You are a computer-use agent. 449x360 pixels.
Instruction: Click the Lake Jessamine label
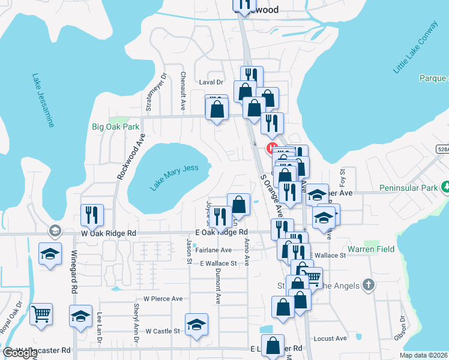click(x=43, y=101)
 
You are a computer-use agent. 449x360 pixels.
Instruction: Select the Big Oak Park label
click(x=115, y=127)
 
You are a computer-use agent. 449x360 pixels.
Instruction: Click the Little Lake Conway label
click(x=416, y=48)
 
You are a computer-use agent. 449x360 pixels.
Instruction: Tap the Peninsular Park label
click(x=409, y=188)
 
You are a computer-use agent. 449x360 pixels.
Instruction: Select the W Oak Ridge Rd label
click(x=106, y=233)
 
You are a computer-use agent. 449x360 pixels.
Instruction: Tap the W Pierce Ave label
click(x=163, y=298)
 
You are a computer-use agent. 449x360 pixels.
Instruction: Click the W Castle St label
click(x=161, y=331)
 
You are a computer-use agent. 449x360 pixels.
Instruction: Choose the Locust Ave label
click(x=330, y=338)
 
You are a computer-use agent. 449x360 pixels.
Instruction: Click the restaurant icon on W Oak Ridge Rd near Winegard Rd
click(x=92, y=215)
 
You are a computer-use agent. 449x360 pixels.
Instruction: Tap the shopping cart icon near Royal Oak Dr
click(x=41, y=314)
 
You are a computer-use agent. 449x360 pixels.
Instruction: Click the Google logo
click(x=20, y=353)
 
